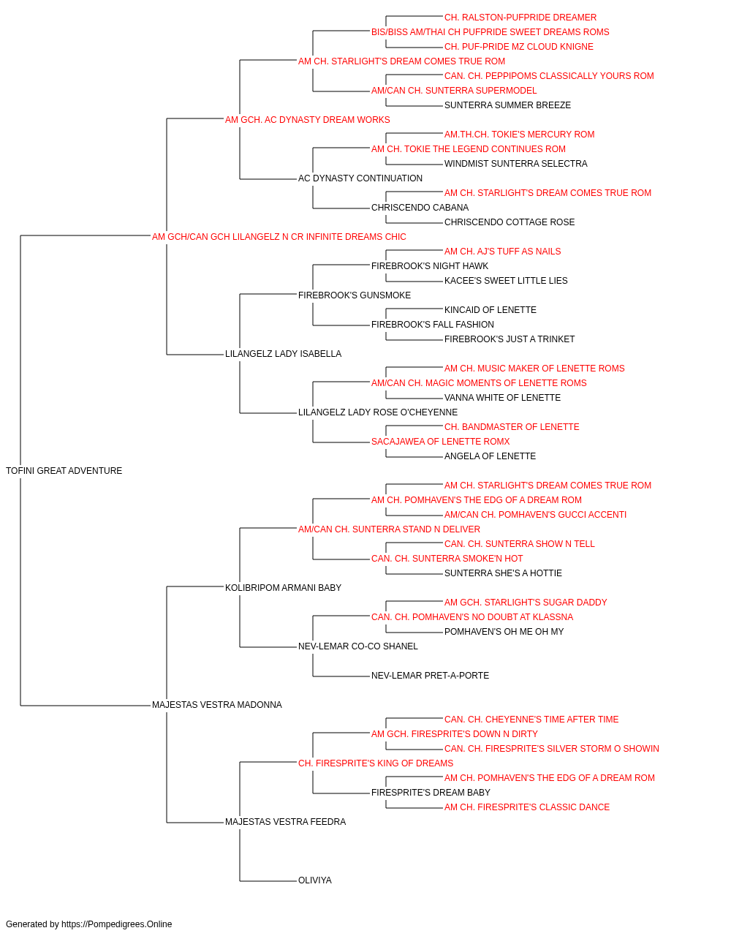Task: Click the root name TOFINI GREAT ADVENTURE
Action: pyautogui.click(x=64, y=471)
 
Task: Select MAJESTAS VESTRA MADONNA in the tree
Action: pyautogui.click(x=217, y=705)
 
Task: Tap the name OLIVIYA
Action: pyautogui.click(x=315, y=880)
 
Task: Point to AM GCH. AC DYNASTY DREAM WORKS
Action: pyautogui.click(x=307, y=120)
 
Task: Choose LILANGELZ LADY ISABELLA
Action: pyautogui.click(x=284, y=354)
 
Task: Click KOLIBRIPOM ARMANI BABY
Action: pyautogui.click(x=284, y=587)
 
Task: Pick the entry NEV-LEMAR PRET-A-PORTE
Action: pyautogui.click(x=430, y=676)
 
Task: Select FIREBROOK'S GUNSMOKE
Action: pyautogui.click(x=355, y=295)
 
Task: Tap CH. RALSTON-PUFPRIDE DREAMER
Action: pyautogui.click(x=520, y=18)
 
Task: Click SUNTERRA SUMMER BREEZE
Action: pyautogui.click(x=507, y=105)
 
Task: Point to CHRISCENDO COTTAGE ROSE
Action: pyautogui.click(x=510, y=222)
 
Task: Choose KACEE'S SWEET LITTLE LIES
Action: pyautogui.click(x=506, y=280)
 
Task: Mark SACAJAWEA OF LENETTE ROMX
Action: pyautogui.click(x=440, y=442)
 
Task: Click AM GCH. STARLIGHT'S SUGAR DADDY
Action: pyautogui.click(x=526, y=602)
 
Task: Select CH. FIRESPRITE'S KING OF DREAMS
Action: pyautogui.click(x=376, y=763)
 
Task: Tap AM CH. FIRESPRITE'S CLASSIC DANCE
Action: pyautogui.click(x=527, y=807)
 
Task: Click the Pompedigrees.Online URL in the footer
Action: pyautogui.click(x=117, y=924)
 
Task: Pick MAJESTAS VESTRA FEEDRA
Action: pyautogui.click(x=285, y=822)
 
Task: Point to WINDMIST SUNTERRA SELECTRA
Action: pyautogui.click(x=516, y=164)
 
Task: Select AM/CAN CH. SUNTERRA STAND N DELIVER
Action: pyautogui.click(x=389, y=529)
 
